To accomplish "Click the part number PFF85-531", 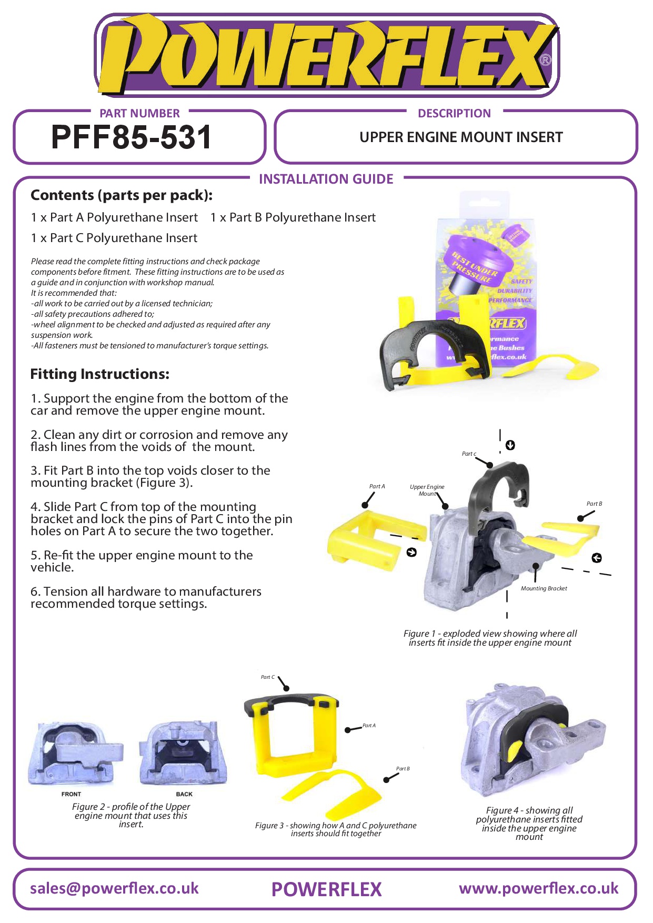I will (x=131, y=137).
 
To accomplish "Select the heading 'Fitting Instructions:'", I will (x=100, y=374).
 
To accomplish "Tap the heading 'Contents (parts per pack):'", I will (x=122, y=195).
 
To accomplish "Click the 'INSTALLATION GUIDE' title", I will (x=326, y=179).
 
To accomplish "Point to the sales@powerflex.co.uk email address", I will (x=114, y=888).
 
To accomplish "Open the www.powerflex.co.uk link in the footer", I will (x=538, y=888).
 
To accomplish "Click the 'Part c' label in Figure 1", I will (x=469, y=454).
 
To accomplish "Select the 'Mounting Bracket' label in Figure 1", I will (x=544, y=588).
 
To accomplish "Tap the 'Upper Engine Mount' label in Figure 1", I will (x=427, y=490).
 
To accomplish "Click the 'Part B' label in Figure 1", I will (x=594, y=504).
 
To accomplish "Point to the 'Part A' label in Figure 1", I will (x=377, y=486).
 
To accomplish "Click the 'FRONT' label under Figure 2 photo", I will (x=71, y=794).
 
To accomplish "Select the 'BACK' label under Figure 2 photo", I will (x=184, y=794).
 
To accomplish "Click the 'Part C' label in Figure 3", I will (x=268, y=677).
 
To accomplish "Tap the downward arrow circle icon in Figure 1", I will (x=510, y=445).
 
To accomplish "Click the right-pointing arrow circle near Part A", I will (x=411, y=552).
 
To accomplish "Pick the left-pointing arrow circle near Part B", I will (x=597, y=558).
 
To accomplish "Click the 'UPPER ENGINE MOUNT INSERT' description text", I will (x=461, y=137).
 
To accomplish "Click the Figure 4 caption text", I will (x=529, y=824).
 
